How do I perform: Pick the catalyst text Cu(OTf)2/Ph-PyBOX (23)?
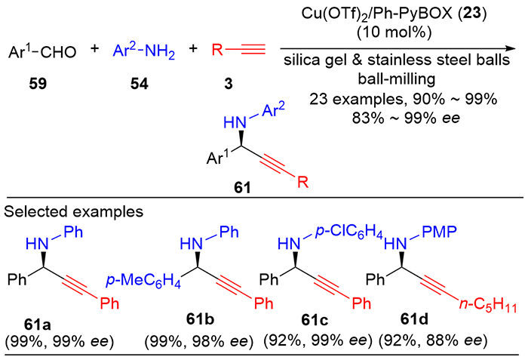[394, 15]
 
